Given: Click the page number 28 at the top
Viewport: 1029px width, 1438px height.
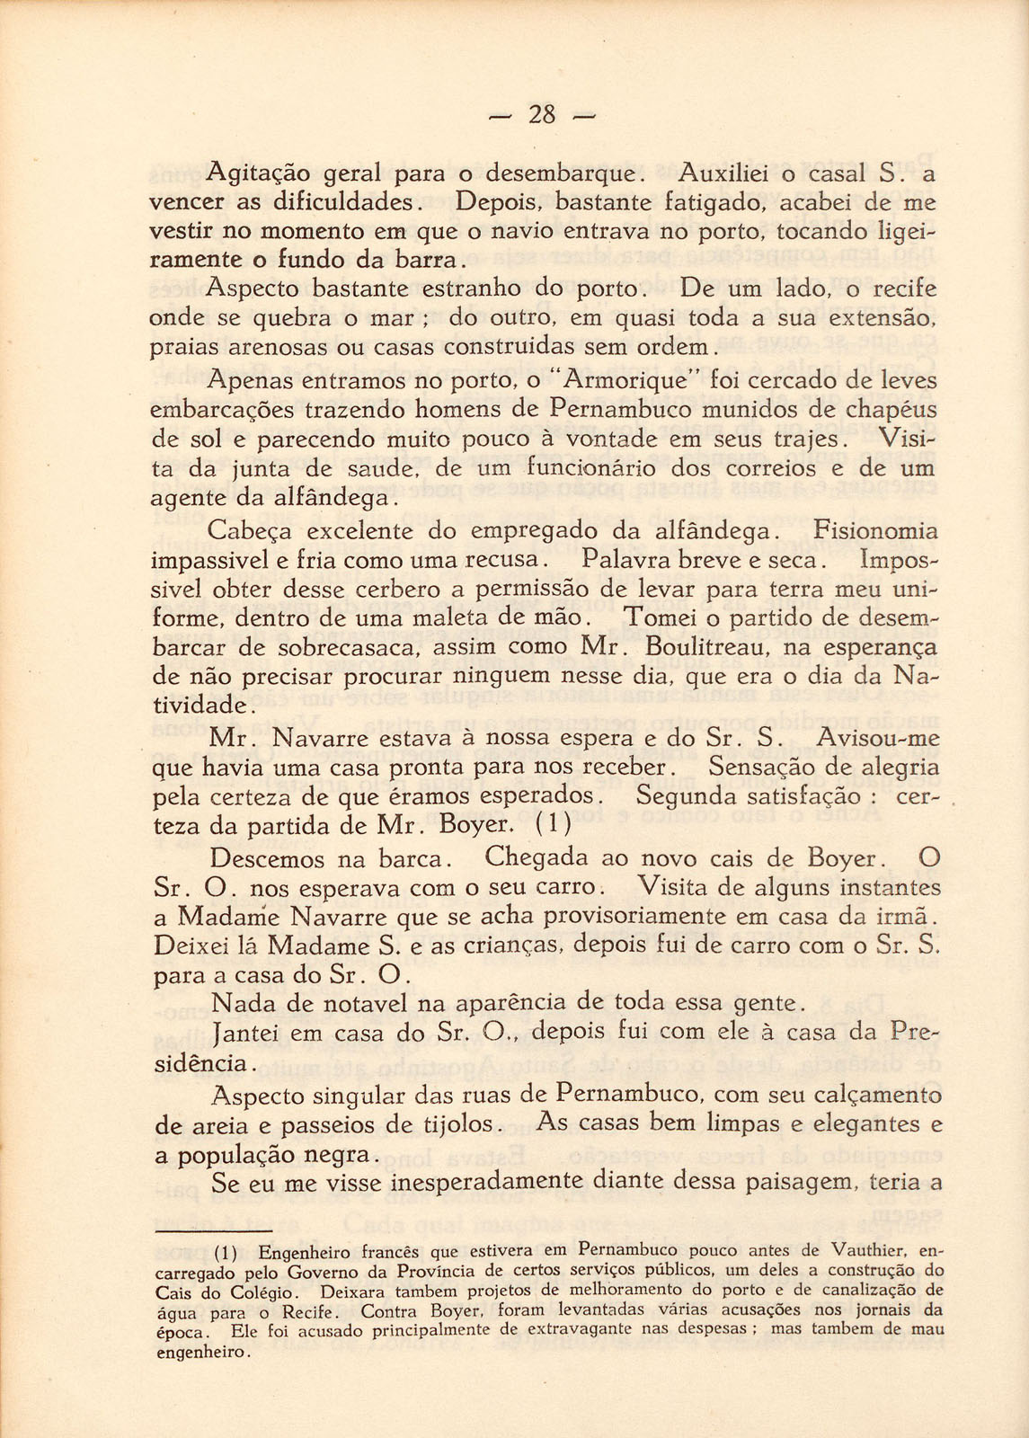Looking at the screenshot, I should pos(543,115).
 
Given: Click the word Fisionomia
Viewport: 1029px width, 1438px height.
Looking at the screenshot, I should pos(874,530).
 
